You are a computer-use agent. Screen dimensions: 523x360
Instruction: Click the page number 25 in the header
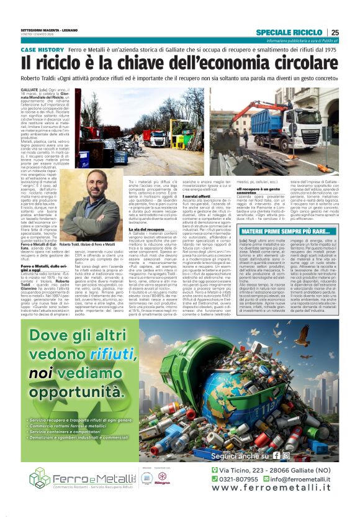[x=335, y=32]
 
